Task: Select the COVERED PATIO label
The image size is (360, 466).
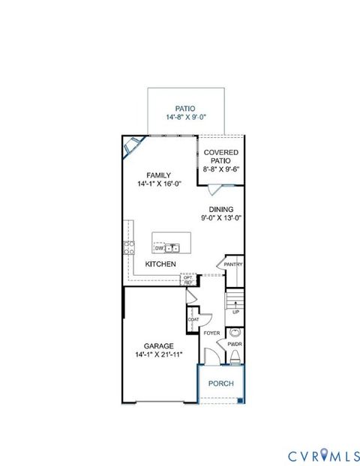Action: (x=220, y=156)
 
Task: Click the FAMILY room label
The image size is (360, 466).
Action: (x=158, y=175)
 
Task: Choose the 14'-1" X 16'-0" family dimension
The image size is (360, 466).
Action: (x=158, y=184)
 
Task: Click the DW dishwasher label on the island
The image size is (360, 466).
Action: (x=159, y=246)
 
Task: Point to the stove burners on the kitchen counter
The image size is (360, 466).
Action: (x=129, y=248)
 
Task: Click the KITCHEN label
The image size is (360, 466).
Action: (x=160, y=264)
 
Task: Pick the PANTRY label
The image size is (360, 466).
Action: (x=232, y=264)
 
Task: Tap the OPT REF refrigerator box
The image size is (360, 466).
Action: (x=188, y=279)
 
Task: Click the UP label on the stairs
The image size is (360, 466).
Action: (x=236, y=311)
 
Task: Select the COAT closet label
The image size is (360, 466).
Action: (x=193, y=320)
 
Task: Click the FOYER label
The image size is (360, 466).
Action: (x=211, y=333)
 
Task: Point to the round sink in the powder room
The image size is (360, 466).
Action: (x=235, y=332)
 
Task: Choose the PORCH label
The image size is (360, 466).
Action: (x=221, y=384)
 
